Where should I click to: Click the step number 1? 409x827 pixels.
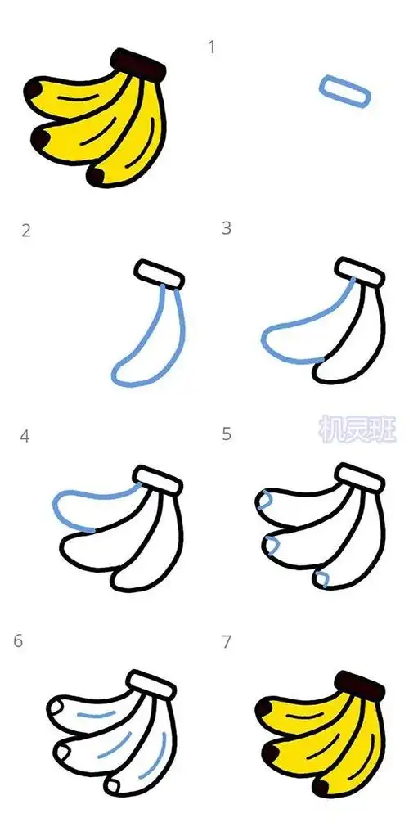pyautogui.click(x=212, y=47)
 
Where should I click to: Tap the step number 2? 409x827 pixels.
pyautogui.click(x=26, y=231)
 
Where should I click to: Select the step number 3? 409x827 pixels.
pyautogui.click(x=227, y=229)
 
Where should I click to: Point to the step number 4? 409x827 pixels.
pyautogui.click(x=25, y=437)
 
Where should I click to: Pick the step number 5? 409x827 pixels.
pyautogui.click(x=227, y=434)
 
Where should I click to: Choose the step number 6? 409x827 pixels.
pyautogui.click(x=18, y=641)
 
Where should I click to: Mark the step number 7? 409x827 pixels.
pyautogui.click(x=227, y=642)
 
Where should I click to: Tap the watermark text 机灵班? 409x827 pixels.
pyautogui.click(x=356, y=428)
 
